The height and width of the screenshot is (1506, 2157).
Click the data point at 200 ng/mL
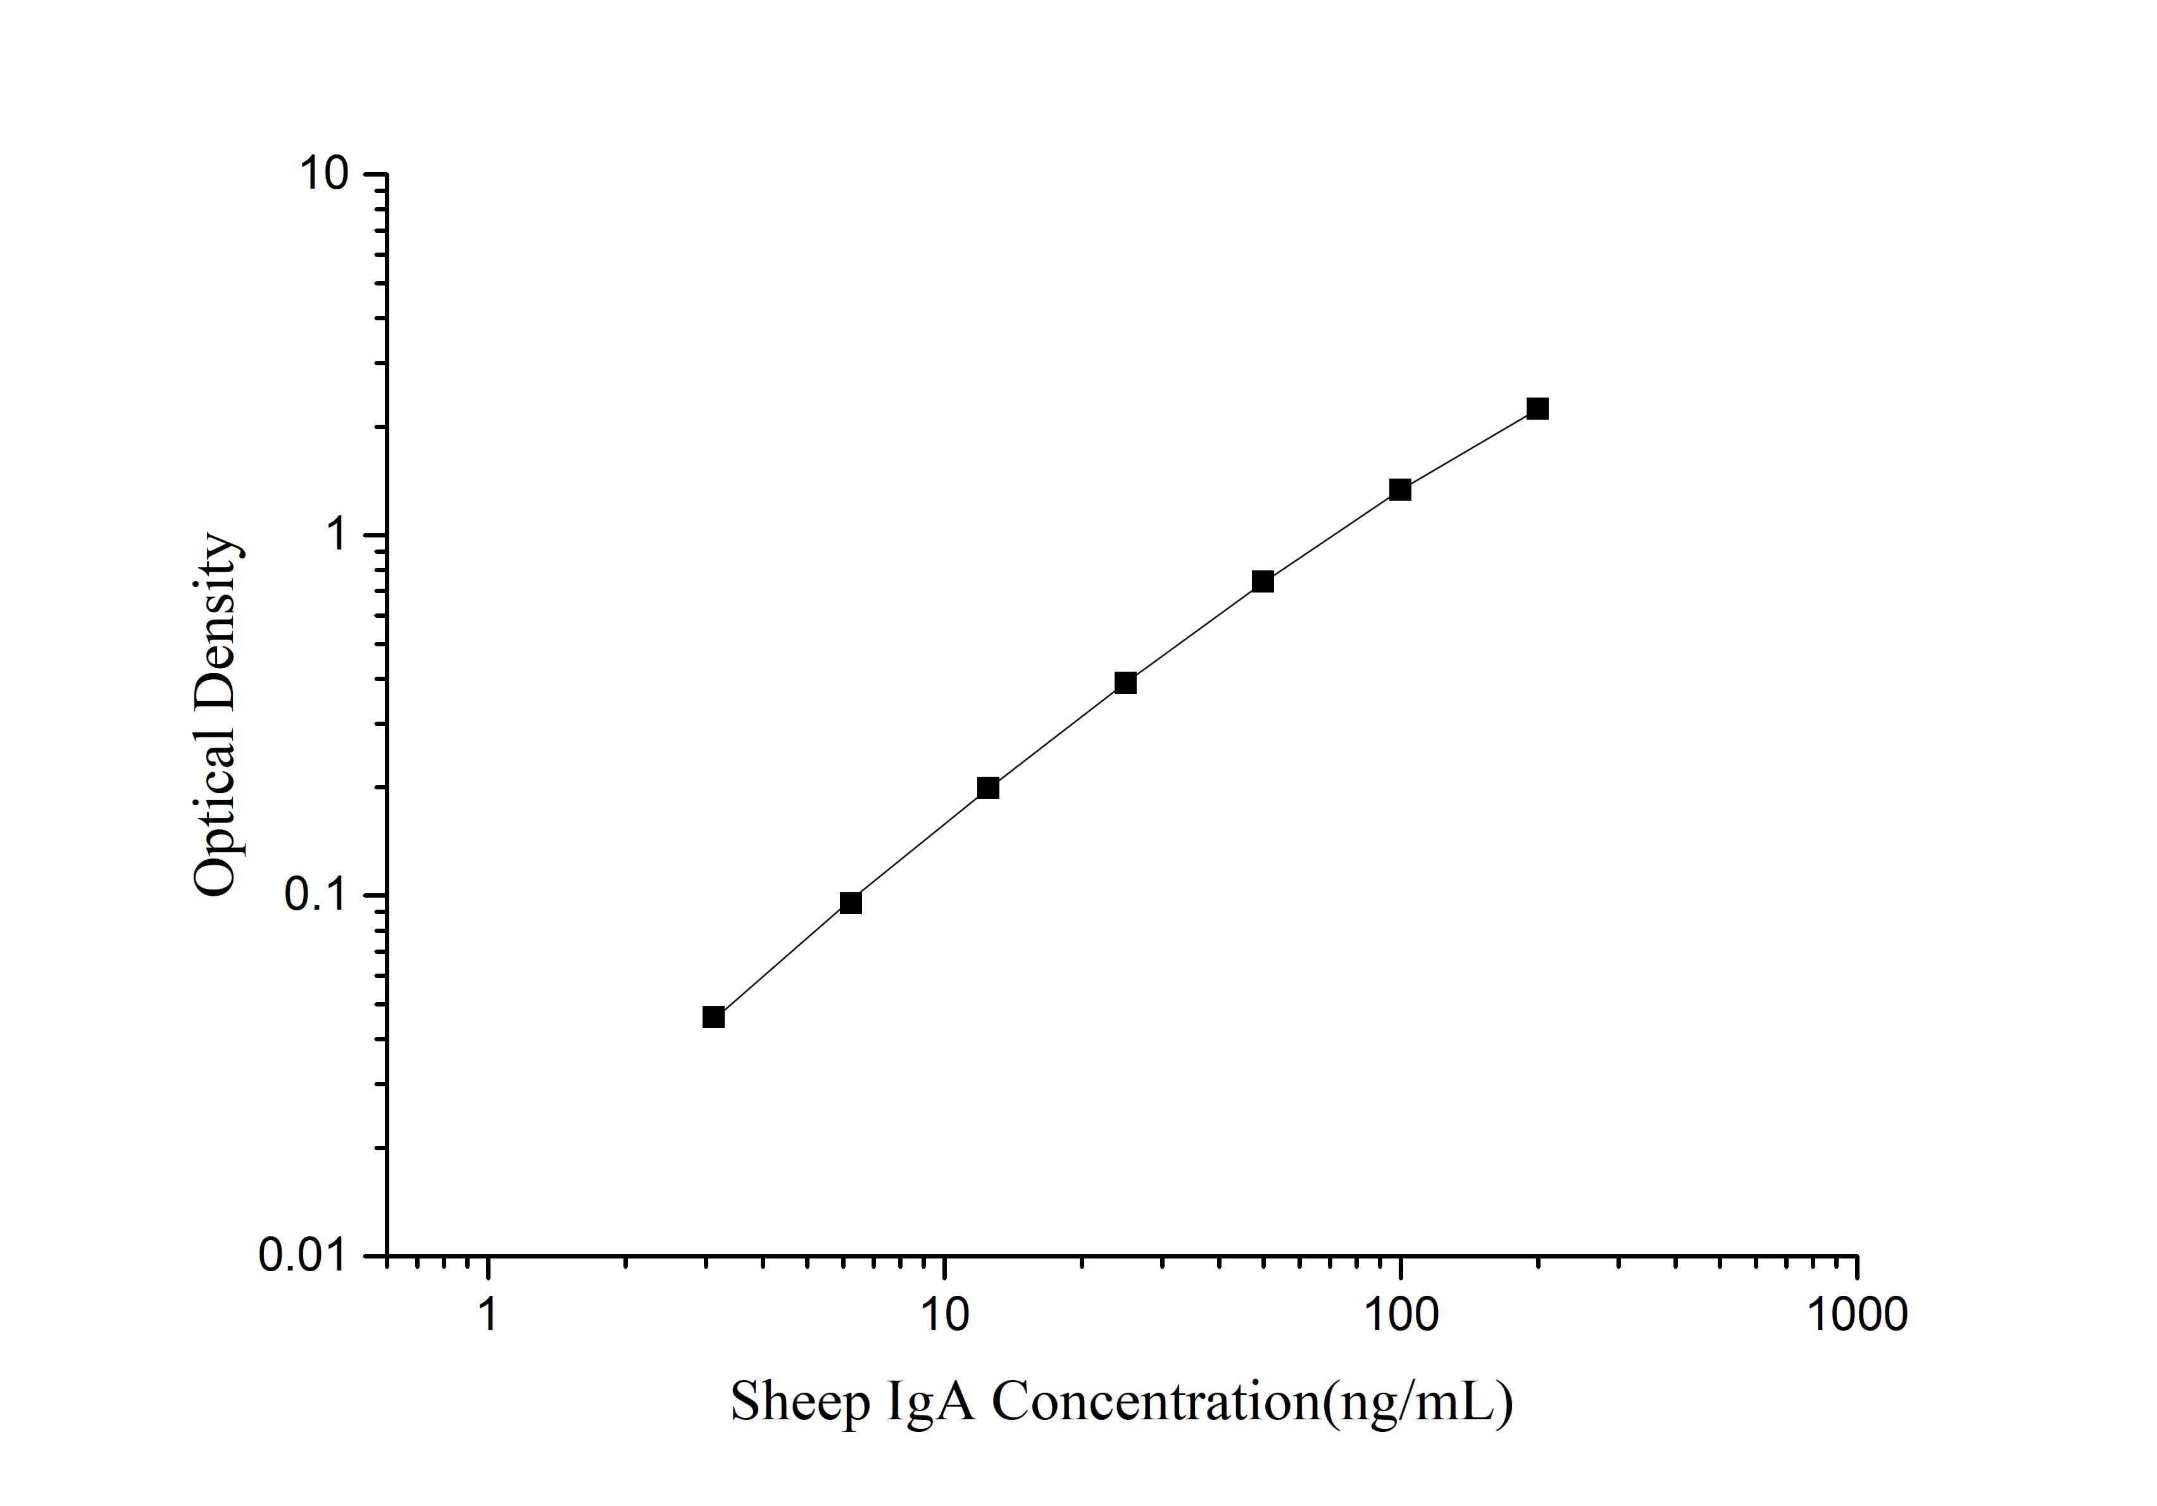(1537, 409)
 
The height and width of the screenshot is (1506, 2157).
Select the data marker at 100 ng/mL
(1400, 489)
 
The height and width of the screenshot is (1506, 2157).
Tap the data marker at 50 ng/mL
(1263, 582)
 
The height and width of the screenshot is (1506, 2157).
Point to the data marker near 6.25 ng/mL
(850, 903)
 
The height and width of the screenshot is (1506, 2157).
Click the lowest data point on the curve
(713, 1017)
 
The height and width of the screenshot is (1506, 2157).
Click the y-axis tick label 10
(323, 175)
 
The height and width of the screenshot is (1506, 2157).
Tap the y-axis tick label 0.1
(315, 895)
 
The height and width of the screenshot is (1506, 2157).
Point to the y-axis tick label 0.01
(301, 1256)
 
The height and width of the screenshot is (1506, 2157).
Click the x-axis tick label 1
(487, 1315)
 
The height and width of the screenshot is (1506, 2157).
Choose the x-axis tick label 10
(944, 1315)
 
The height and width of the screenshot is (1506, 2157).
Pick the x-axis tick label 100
(1401, 1315)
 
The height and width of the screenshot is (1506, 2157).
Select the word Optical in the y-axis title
(216, 807)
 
